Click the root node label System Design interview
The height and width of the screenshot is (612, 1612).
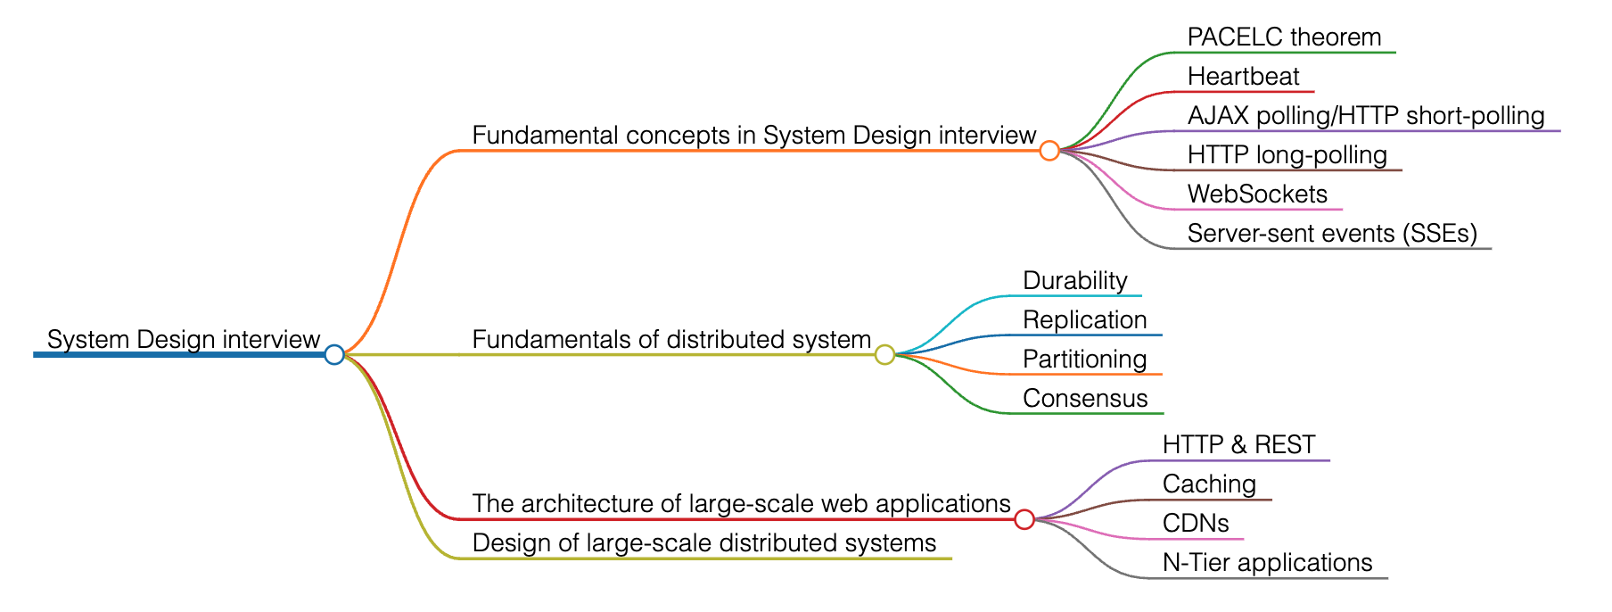(x=183, y=340)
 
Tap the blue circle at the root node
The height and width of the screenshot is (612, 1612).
(x=334, y=354)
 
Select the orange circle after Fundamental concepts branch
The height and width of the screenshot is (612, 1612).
(x=1049, y=151)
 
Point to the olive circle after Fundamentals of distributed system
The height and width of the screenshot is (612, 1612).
(x=884, y=354)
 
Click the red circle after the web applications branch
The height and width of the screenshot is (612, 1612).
(x=1024, y=519)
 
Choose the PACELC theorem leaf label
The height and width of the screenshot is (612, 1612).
(x=1284, y=37)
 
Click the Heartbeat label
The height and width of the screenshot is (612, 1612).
(x=1243, y=77)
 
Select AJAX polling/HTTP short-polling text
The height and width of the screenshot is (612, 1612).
(x=1366, y=116)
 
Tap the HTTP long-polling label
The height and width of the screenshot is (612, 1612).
(x=1287, y=155)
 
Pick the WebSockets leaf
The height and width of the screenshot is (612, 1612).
(x=1257, y=194)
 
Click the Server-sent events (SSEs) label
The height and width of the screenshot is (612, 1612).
(x=1332, y=234)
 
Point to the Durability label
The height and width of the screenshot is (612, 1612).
(x=1074, y=281)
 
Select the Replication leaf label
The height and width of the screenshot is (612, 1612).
(x=1084, y=320)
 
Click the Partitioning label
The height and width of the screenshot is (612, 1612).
(x=1084, y=360)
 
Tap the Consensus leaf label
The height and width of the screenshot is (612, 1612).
(x=1085, y=399)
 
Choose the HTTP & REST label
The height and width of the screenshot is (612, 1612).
(x=1238, y=445)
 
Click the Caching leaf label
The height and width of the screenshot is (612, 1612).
(x=1209, y=484)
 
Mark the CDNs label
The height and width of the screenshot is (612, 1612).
(x=1196, y=524)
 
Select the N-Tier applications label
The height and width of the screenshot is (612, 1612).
(x=1267, y=563)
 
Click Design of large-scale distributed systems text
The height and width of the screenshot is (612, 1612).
(x=703, y=543)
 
